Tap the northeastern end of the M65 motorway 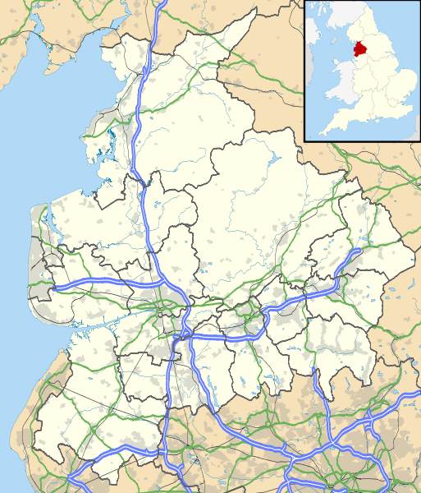[x=359, y=251]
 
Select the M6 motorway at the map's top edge [x=162, y=4]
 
